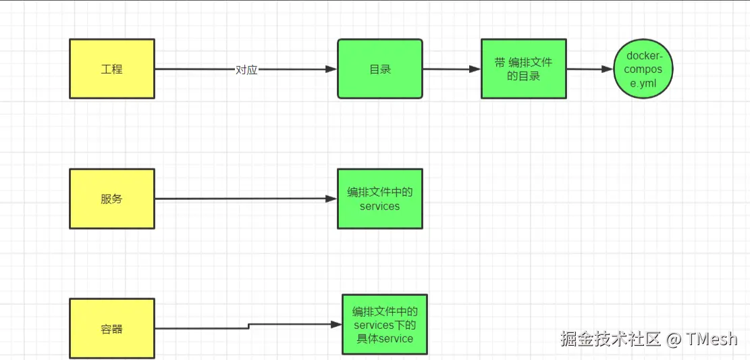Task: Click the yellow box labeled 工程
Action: (112, 69)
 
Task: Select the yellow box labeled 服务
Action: (112, 199)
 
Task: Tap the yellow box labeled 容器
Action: (112, 329)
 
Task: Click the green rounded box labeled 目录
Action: (380, 69)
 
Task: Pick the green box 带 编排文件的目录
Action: (523, 69)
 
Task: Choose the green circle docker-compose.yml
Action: (643, 69)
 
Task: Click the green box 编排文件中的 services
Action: (380, 199)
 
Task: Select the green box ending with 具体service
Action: (384, 325)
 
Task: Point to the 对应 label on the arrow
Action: (246, 70)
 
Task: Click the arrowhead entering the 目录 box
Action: (331, 69)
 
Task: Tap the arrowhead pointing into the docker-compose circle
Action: (608, 69)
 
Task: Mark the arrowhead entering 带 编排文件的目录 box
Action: (475, 69)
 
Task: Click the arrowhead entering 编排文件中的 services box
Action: (331, 199)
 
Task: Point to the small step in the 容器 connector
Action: (249, 326)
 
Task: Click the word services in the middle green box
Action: (379, 207)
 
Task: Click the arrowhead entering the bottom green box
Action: (336, 324)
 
